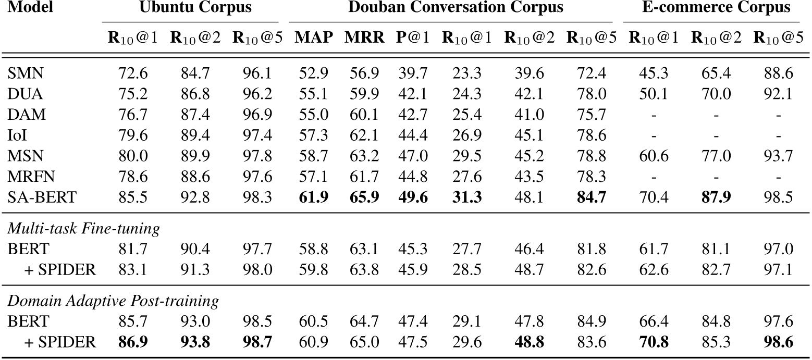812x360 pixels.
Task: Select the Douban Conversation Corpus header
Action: (456, 8)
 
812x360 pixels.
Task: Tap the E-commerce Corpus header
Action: (711, 8)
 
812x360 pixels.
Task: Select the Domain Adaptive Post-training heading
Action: (113, 301)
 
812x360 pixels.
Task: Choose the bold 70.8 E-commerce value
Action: (653, 342)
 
